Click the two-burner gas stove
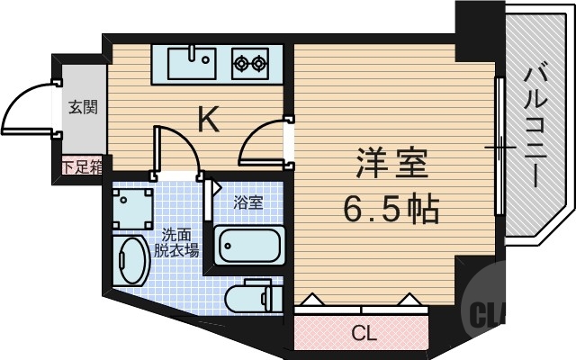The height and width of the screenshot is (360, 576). (251, 63)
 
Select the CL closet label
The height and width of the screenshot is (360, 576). (363, 335)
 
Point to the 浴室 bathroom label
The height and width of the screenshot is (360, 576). (249, 202)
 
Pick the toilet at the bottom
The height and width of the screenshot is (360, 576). (252, 298)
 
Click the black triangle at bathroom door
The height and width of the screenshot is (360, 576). (218, 190)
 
